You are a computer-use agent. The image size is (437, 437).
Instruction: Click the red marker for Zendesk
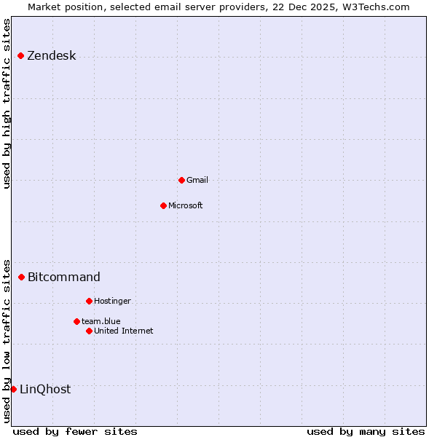20,55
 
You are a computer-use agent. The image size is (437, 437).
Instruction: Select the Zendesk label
52,56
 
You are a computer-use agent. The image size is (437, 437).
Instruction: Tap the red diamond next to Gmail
181,180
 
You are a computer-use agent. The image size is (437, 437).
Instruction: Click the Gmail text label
197,180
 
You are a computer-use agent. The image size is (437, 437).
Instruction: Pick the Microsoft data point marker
163,205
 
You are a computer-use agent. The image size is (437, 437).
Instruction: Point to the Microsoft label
186,205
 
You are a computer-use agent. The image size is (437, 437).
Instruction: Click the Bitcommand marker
21,277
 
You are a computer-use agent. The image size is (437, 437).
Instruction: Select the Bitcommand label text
64,277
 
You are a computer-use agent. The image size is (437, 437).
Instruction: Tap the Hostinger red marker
89,301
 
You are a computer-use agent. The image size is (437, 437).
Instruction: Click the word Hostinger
112,301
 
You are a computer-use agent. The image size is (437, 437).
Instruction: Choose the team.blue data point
76,321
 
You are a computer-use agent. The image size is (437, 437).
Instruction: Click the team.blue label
101,321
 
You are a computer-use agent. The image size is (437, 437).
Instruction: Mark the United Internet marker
89,331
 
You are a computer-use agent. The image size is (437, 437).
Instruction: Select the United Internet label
124,331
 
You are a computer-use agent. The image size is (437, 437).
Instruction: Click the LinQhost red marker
13,389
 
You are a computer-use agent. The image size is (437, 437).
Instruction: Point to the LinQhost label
45,389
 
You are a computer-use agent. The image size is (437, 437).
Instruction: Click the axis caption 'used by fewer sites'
75,431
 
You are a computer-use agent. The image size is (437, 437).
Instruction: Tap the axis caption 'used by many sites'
366,431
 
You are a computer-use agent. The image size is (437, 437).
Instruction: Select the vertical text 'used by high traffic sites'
7,103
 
